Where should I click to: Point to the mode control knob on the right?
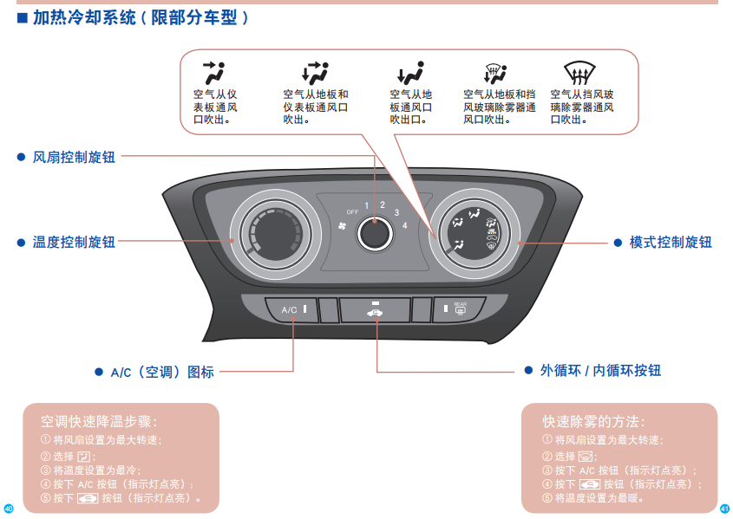point(474,232)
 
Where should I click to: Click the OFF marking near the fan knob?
point(352,211)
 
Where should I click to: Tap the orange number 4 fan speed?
point(405,225)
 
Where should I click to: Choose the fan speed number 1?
point(367,205)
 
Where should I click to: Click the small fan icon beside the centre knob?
point(342,228)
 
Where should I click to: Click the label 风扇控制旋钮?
point(74,158)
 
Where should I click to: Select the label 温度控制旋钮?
point(74,243)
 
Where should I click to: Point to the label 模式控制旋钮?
point(671,243)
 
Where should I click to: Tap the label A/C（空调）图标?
point(162,373)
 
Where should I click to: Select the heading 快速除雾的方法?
point(593,422)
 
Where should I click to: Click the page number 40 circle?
point(9,508)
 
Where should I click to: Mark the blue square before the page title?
point(23,17)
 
